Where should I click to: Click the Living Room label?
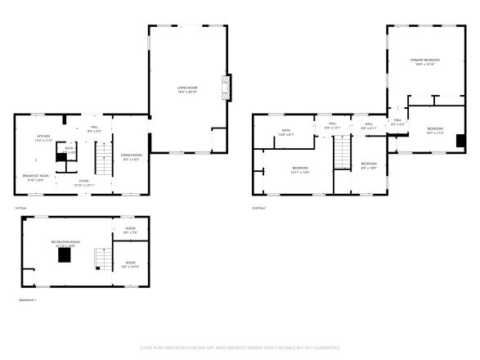tap(187, 88)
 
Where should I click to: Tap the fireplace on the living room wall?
tap(227, 86)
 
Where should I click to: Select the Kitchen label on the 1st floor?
tap(43, 138)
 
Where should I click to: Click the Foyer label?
tap(84, 183)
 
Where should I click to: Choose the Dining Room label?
tap(132, 156)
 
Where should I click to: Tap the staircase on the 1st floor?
tap(103, 158)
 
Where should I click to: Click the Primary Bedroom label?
tap(424, 62)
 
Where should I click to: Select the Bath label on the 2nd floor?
tap(287, 132)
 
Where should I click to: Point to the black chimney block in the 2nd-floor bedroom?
tap(461, 140)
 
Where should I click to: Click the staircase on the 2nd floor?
tap(341, 153)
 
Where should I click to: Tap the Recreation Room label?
tap(65, 243)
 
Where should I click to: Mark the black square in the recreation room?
tap(64, 254)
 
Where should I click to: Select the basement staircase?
tap(101, 260)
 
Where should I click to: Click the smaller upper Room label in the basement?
tap(130, 230)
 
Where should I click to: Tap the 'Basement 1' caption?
tap(27, 300)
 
